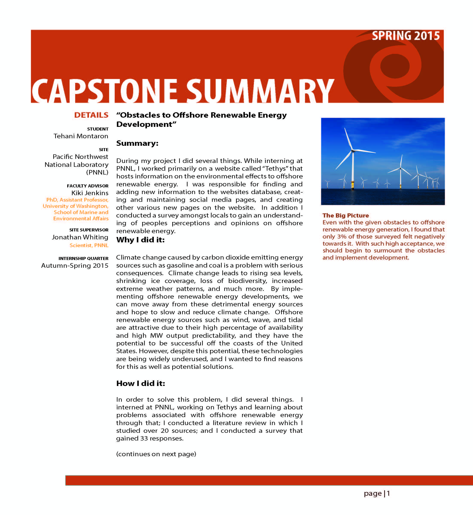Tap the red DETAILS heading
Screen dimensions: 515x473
(91, 115)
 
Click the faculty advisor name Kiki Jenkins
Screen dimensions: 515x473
(90, 193)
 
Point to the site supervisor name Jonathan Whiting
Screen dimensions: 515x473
(80, 237)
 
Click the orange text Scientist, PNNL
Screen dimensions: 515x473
(89, 245)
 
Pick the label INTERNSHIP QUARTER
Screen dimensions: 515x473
(83, 258)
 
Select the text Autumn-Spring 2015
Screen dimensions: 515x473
(75, 266)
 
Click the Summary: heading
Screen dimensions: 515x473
(137, 143)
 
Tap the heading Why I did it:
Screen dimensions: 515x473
(140, 240)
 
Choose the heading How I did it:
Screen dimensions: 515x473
(140, 383)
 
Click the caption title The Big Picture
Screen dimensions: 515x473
(346, 215)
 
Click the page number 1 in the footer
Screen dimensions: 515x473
(388, 493)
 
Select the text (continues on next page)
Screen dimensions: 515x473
(156, 454)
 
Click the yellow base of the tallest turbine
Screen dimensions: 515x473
(353, 185)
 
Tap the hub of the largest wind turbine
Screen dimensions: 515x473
(353, 151)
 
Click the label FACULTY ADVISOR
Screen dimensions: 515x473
(88, 186)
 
